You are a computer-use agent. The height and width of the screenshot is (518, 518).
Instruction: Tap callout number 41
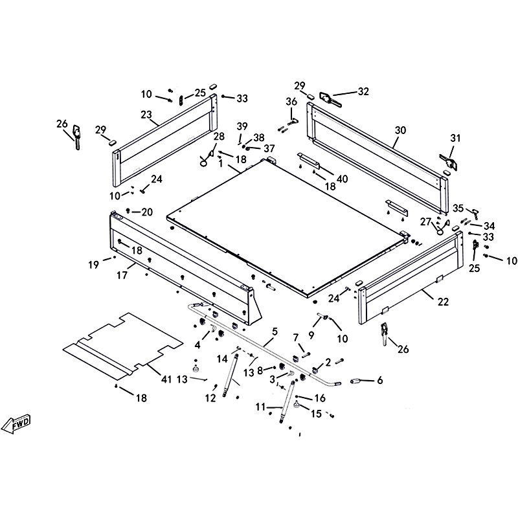coord(166,379)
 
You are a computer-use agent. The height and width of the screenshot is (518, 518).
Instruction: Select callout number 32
coord(363,91)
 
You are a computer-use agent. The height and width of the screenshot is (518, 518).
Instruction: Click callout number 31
coord(456,138)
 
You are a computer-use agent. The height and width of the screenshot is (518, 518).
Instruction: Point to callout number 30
coord(400,130)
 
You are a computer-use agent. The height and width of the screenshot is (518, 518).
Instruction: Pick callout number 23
coord(146,115)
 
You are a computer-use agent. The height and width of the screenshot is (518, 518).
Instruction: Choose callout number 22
coord(444,302)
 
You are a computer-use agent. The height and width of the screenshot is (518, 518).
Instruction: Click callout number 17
coord(122,275)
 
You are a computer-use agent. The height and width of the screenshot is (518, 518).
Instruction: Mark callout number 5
coord(275,332)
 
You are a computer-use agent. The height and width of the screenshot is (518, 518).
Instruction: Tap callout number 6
coord(380,381)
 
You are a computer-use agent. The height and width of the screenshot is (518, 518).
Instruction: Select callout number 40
coord(343,179)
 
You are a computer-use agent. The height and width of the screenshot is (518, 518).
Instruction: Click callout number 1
coord(221,164)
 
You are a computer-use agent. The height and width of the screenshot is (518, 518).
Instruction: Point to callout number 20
coord(147,212)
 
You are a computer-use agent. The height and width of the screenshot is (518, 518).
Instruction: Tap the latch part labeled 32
coord(330,100)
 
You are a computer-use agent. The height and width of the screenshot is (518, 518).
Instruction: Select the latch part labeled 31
coord(449,163)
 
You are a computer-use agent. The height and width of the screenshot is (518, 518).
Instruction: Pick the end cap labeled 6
coord(355,381)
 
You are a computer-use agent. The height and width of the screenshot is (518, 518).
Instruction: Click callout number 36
coord(291,102)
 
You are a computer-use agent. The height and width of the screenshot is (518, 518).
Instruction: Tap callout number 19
coord(93,265)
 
